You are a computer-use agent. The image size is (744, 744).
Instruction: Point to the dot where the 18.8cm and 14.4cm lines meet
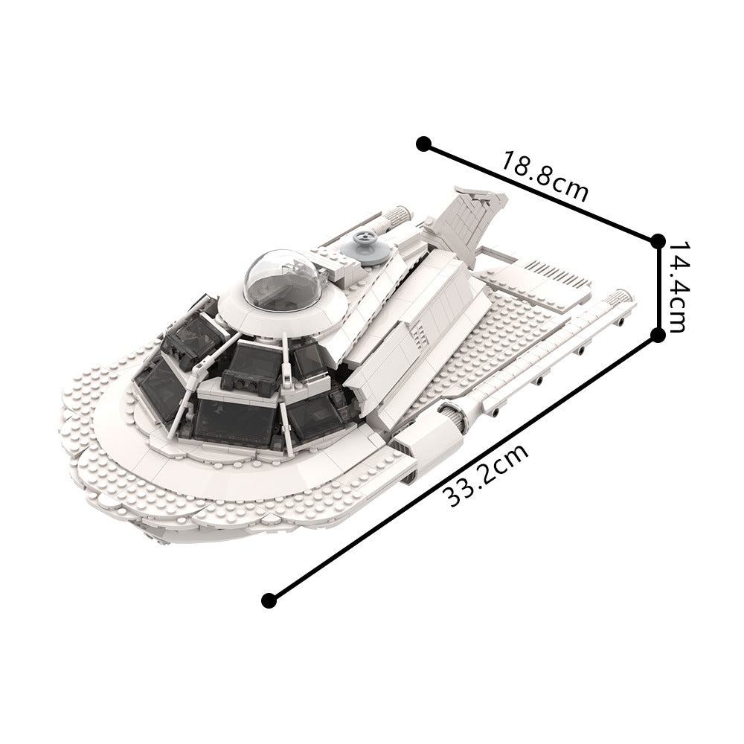point(658,240)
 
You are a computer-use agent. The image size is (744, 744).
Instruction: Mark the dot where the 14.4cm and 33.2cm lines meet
point(658,336)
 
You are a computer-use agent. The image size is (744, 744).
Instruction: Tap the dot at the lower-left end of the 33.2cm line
point(270,599)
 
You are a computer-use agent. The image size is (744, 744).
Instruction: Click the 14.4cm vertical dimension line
point(658,288)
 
